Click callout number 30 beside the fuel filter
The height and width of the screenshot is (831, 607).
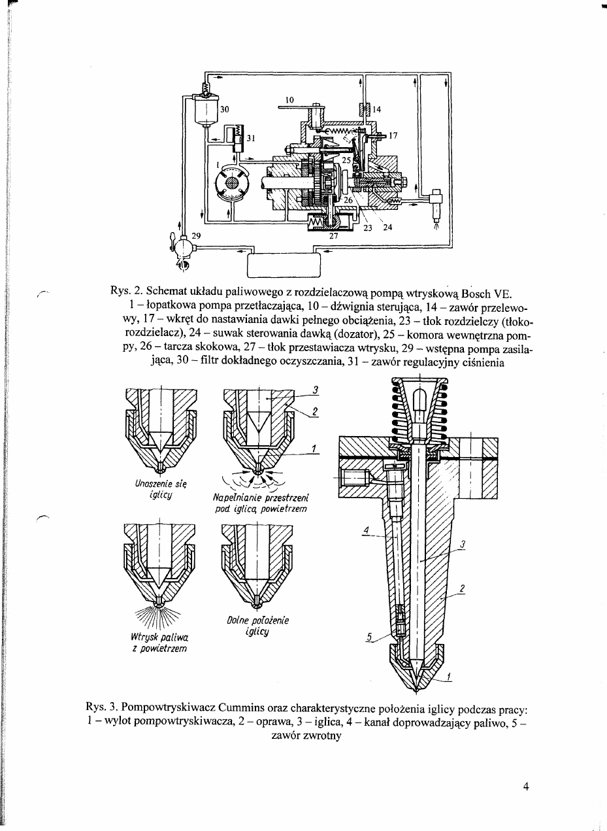click(223, 109)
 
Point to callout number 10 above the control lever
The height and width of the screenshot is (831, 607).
click(289, 99)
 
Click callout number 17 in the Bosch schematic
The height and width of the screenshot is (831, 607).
click(393, 136)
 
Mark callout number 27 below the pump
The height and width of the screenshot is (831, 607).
click(333, 237)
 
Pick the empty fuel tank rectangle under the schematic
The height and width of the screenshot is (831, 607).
click(284, 264)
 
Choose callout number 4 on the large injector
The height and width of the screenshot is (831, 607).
click(367, 529)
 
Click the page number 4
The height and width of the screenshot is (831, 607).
click(526, 787)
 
